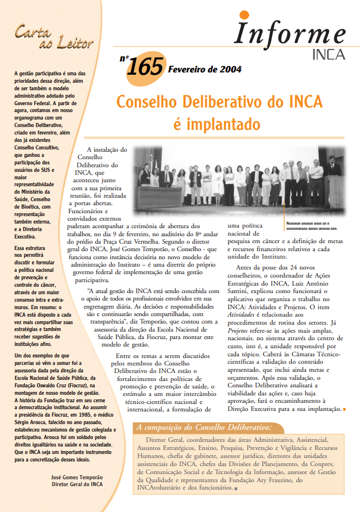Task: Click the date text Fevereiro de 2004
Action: click(204, 70)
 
